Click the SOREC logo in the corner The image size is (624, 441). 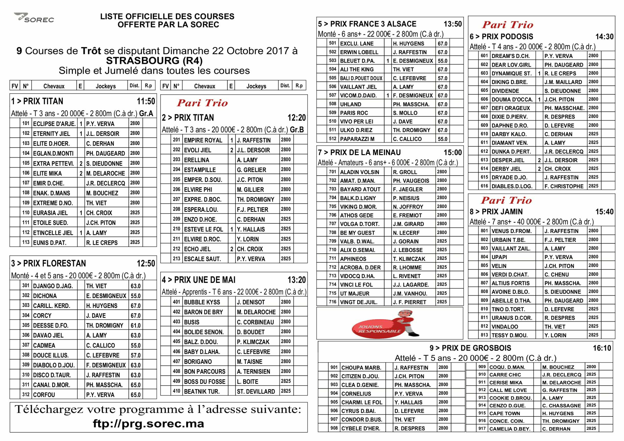click(x=34, y=18)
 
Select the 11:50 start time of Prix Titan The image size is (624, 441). click(x=146, y=101)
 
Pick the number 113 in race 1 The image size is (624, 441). click(x=26, y=242)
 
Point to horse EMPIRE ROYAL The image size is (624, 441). click(x=203, y=140)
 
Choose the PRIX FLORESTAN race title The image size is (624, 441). click(x=54, y=263)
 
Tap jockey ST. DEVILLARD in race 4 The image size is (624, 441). click(x=256, y=391)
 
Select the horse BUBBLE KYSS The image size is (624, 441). click(x=202, y=302)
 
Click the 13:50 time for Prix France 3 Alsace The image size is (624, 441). click(x=452, y=24)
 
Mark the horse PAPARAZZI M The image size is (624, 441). click(x=357, y=139)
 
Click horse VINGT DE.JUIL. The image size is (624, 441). click(x=358, y=302)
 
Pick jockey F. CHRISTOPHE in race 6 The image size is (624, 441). click(x=564, y=186)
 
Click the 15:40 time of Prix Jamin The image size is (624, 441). click(x=604, y=212)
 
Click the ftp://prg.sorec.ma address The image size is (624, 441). click(x=148, y=424)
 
